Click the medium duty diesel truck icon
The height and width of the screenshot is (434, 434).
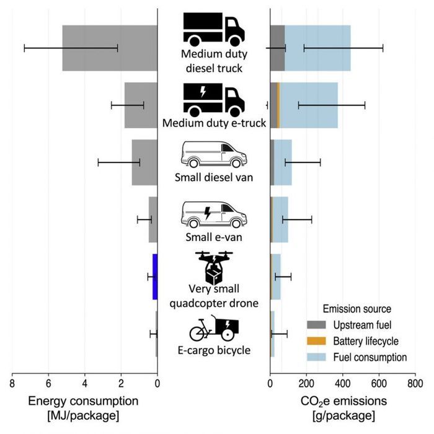(x=213, y=28)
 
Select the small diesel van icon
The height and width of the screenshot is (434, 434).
(x=213, y=155)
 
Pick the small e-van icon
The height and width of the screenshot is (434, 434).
(x=213, y=215)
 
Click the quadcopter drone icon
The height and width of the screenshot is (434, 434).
(x=214, y=267)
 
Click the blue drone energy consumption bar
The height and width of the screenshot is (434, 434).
(x=155, y=277)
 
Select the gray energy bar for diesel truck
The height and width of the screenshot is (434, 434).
(x=110, y=48)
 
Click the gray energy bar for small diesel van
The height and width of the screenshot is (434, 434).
(x=144, y=162)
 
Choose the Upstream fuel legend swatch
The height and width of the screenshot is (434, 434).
(x=317, y=325)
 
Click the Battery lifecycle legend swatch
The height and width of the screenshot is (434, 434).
(x=317, y=341)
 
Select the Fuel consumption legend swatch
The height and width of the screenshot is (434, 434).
(x=317, y=357)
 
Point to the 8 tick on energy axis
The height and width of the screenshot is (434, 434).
(x=12, y=384)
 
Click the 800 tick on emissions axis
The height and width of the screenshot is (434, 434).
(x=415, y=384)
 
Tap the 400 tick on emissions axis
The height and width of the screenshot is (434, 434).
(x=342, y=384)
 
